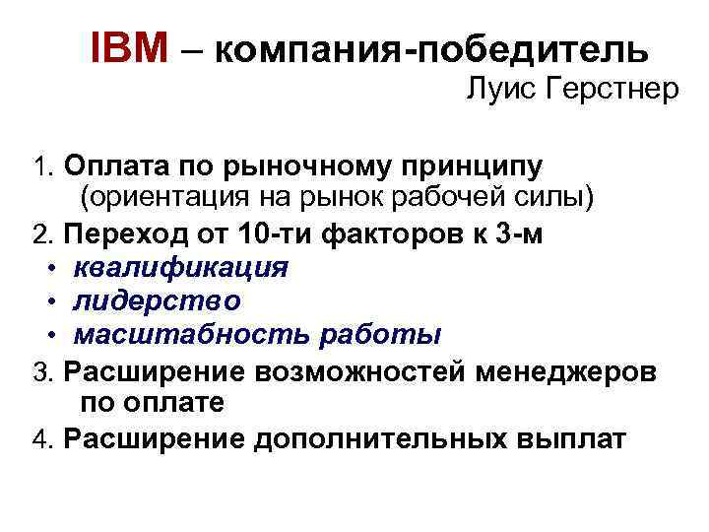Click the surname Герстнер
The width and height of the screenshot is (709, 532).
click(614, 92)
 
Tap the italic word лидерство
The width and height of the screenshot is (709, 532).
click(158, 300)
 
